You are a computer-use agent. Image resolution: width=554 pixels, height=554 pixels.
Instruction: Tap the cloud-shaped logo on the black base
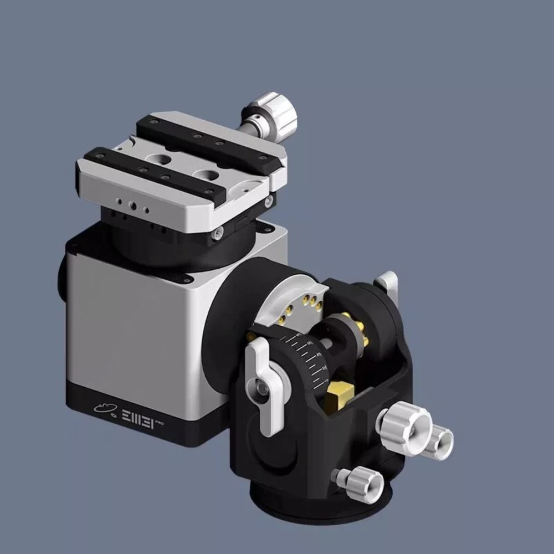click(x=105, y=408)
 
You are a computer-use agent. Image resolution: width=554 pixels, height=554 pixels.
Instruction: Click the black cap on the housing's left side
click(x=61, y=283)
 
